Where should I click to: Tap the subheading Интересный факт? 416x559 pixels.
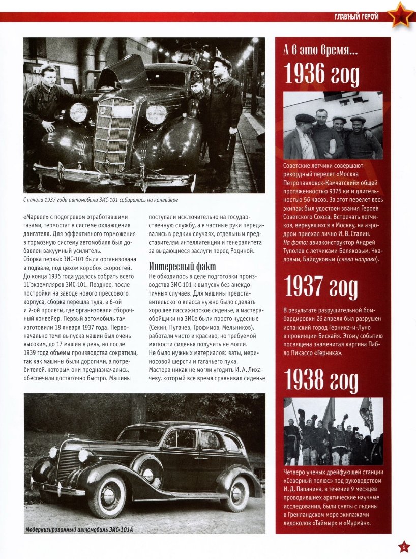coord(182,267)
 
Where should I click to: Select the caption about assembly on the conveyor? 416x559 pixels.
coord(100,200)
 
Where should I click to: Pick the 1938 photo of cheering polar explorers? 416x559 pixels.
coord(333,431)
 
